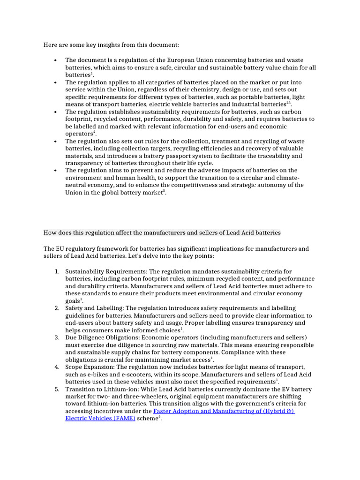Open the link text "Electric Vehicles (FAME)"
point(100,419)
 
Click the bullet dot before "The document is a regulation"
point(55,60)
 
